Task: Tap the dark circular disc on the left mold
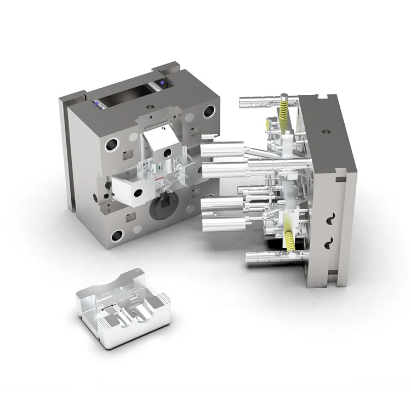[163, 206]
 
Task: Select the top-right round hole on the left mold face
[209, 112]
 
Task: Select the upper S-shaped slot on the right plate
[330, 219]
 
